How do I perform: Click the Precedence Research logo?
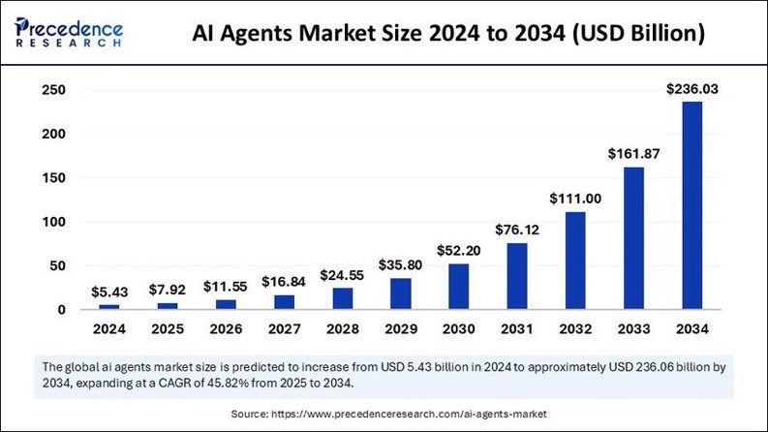pyautogui.click(x=68, y=31)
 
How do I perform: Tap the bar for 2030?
pyautogui.click(x=459, y=287)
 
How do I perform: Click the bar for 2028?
pyautogui.click(x=343, y=298)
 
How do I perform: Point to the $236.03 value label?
pyautogui.click(x=691, y=89)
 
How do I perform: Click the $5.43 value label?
pyautogui.click(x=110, y=292)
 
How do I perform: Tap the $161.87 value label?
pyautogui.click(x=633, y=153)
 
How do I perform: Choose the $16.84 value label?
pyautogui.click(x=285, y=282)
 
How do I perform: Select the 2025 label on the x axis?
pyautogui.click(x=169, y=330)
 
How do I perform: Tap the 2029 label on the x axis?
pyautogui.click(x=401, y=330)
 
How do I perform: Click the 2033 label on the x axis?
pyautogui.click(x=633, y=330)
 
